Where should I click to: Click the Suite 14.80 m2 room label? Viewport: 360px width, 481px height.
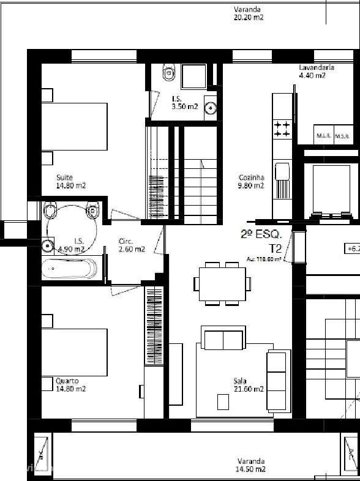point(70,181)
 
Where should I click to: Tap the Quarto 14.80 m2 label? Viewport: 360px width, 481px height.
point(70,384)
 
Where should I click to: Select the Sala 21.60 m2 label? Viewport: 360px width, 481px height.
point(248,384)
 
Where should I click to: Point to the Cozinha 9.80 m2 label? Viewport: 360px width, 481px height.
point(251,181)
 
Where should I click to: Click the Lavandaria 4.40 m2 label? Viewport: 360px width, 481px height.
point(317,72)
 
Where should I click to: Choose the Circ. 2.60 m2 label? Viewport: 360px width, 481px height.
point(132,245)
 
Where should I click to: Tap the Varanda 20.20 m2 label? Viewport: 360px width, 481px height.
point(248,13)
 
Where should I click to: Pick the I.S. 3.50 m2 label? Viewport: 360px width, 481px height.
point(185,102)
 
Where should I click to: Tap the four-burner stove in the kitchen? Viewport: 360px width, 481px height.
point(282,129)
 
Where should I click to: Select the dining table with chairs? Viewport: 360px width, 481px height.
point(222,283)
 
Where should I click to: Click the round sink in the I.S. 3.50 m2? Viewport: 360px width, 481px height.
point(211,108)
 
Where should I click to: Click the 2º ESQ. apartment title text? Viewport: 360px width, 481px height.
point(261,233)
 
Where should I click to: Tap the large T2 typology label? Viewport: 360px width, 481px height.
point(276,248)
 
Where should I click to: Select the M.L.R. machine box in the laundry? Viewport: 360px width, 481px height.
point(323,136)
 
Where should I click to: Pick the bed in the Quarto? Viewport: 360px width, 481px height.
point(73,352)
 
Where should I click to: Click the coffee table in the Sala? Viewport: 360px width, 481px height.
point(223,401)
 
